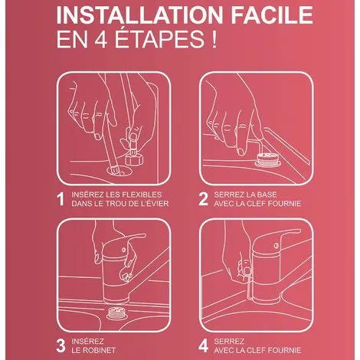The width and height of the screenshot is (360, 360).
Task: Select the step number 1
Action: pyautogui.click(x=61, y=199)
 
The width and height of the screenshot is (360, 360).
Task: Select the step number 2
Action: pyautogui.click(x=203, y=199)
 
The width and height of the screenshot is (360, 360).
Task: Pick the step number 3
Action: pyautogui.click(x=61, y=345)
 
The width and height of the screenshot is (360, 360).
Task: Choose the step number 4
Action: pyautogui.click(x=203, y=345)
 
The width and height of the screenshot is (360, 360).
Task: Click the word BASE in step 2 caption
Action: pyautogui.click(x=267, y=195)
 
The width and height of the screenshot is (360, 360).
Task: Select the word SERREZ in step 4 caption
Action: pyautogui.click(x=229, y=342)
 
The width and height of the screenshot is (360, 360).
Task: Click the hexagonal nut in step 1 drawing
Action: pyautogui.click(x=134, y=159)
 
